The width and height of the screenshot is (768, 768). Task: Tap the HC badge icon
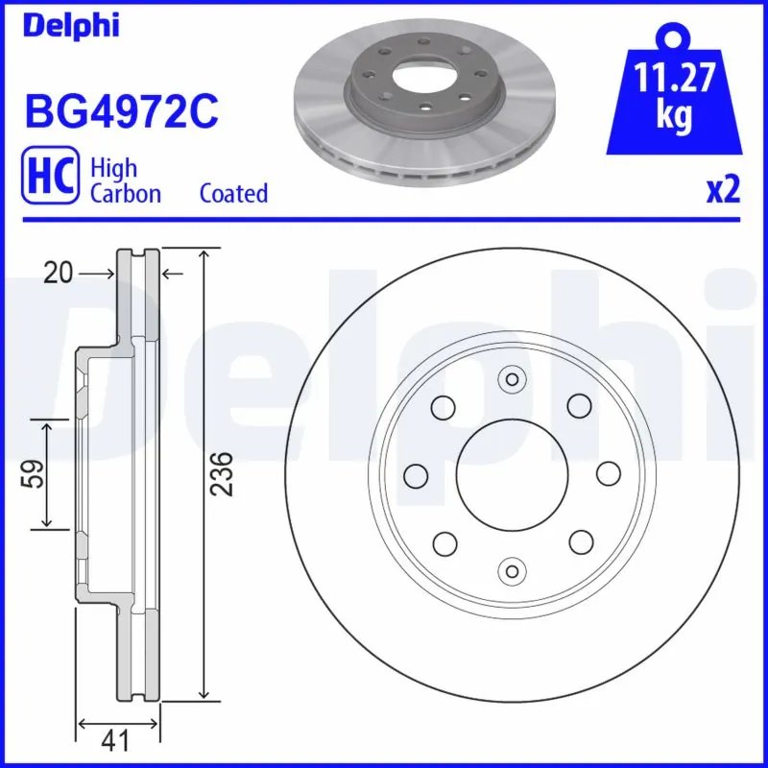[x=50, y=180]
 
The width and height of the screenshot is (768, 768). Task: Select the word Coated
[x=233, y=193]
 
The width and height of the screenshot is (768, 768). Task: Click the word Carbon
[x=125, y=193]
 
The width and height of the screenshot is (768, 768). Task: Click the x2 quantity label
[x=723, y=190]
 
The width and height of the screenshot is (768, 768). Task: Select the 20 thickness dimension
[x=58, y=275]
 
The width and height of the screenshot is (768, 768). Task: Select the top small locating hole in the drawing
[x=512, y=380]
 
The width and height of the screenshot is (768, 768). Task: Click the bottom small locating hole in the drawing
[x=512, y=570]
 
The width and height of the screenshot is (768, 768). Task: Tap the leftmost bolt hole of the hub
[x=416, y=474]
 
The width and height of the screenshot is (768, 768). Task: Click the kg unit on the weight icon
[x=674, y=114]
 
